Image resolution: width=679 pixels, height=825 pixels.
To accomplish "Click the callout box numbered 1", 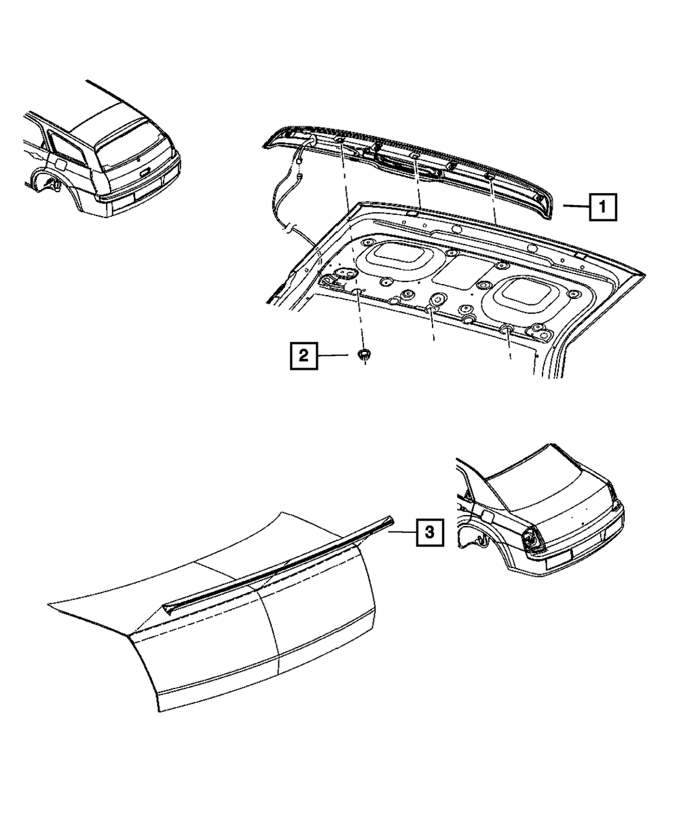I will (x=603, y=207).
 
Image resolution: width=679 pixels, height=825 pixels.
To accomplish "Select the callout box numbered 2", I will (x=303, y=355).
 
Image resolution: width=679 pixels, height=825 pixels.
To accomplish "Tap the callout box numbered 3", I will (x=428, y=533).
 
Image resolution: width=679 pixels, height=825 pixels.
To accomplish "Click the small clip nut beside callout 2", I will (x=365, y=354).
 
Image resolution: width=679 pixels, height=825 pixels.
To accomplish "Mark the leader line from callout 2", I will (x=336, y=355).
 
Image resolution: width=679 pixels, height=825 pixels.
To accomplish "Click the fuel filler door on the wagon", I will (x=60, y=164).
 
